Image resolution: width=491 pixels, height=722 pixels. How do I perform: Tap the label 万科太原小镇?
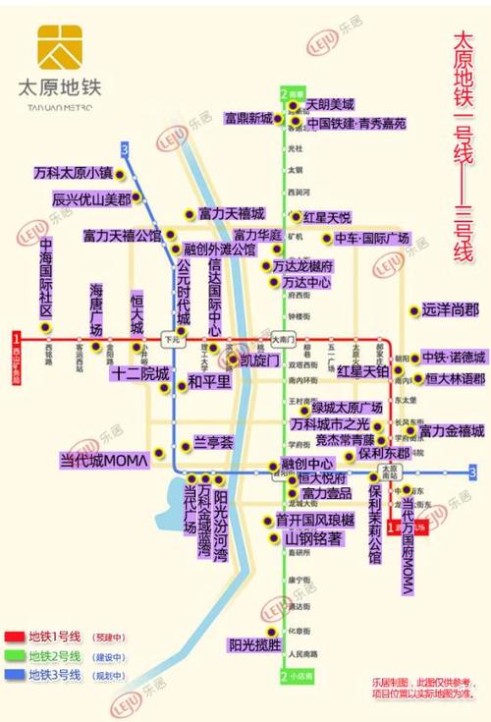(x=73, y=172)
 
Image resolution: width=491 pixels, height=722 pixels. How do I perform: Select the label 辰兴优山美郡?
(x=90, y=197)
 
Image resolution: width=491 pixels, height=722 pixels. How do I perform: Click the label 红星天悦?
(x=327, y=217)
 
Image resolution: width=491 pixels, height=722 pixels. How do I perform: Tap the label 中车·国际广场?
(x=371, y=239)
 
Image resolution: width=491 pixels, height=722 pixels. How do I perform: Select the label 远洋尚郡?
(x=451, y=309)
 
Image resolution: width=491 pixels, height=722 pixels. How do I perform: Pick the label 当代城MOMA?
(x=103, y=459)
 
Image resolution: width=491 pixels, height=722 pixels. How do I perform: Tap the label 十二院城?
(x=139, y=374)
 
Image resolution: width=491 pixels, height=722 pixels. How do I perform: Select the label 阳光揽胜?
(x=254, y=645)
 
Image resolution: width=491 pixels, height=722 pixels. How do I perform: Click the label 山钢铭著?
(x=313, y=539)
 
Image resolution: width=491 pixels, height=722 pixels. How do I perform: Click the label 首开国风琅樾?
(x=314, y=521)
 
